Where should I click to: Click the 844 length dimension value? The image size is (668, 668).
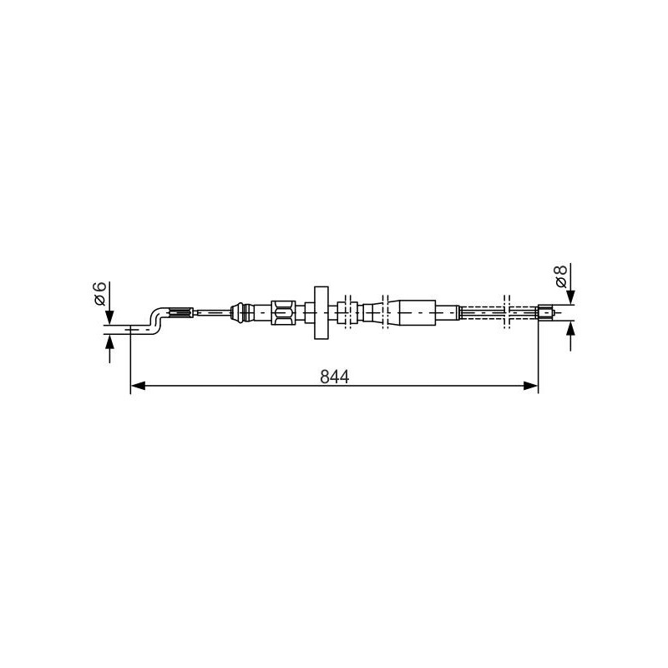point(335,377)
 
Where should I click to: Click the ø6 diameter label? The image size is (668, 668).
point(99,294)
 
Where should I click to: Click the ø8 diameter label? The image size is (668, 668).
point(560,276)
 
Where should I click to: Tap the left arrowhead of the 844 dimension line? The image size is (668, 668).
point(138,386)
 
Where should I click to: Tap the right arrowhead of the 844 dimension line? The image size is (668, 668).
point(530,386)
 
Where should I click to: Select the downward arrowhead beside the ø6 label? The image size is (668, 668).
point(110,317)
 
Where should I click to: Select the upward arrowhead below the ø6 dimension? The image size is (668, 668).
point(110,342)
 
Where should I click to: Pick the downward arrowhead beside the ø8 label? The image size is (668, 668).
point(571,297)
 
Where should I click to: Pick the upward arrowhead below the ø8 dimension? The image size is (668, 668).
point(571,329)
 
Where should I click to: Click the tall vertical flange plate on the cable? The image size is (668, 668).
point(321,312)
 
